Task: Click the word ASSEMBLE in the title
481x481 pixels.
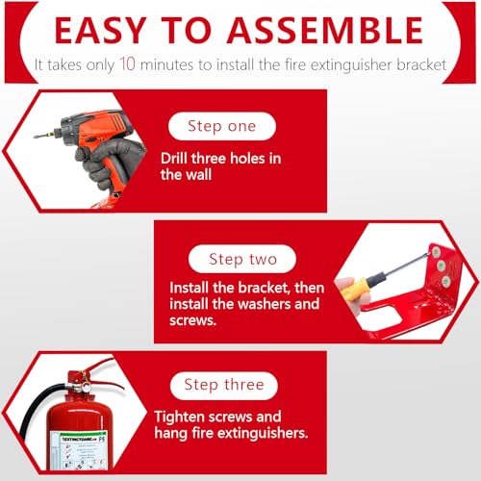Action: [x=325, y=30]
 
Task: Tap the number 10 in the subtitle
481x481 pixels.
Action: [x=127, y=63]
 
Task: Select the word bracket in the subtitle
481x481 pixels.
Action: [x=421, y=64]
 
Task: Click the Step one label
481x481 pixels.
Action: [x=222, y=126]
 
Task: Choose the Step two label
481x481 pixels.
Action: [x=242, y=259]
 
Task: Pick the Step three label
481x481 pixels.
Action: [x=224, y=385]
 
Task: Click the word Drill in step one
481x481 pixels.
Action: [x=174, y=159]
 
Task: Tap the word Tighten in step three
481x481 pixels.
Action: [x=179, y=418]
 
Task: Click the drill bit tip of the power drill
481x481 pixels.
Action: [x=36, y=137]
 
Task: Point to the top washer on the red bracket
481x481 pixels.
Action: [x=436, y=252]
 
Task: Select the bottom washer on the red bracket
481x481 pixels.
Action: [x=446, y=282]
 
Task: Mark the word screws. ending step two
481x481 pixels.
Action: [x=192, y=320]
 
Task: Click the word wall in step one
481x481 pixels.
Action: [x=199, y=175]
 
